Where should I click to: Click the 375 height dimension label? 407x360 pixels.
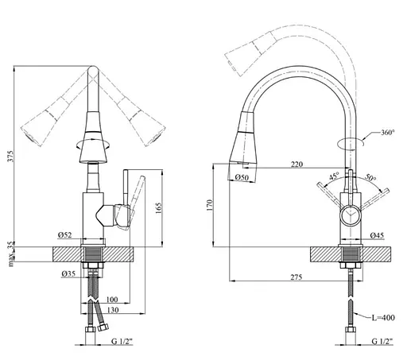(x=10, y=157)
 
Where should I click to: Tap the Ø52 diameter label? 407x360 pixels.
(x=65, y=235)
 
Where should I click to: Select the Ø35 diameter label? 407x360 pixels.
(x=68, y=273)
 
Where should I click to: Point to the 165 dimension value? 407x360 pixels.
(x=158, y=208)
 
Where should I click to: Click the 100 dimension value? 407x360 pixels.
(x=112, y=300)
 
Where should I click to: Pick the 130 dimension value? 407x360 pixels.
(x=113, y=310)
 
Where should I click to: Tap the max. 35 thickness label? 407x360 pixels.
(x=11, y=254)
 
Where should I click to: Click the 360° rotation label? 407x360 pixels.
(x=388, y=132)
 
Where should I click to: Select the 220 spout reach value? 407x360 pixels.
(x=297, y=165)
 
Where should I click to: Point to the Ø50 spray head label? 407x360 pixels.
(x=242, y=177)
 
